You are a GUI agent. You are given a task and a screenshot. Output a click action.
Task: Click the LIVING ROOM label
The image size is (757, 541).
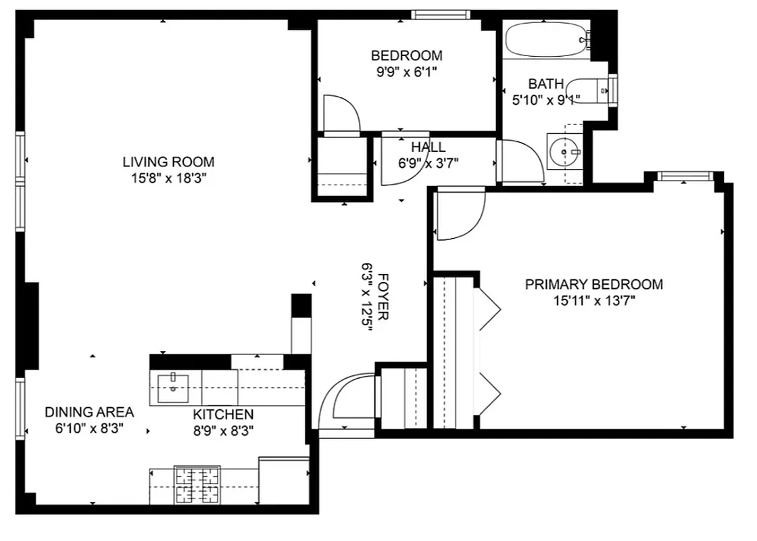coord(168,162)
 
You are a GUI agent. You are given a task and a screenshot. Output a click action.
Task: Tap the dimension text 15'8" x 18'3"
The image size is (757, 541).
coord(168,179)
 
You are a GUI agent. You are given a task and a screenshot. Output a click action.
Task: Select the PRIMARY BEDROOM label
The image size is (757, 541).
coord(593,285)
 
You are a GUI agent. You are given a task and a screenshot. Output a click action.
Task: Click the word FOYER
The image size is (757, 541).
coord(383,296)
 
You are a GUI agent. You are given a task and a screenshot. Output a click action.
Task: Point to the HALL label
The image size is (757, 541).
coord(429,147)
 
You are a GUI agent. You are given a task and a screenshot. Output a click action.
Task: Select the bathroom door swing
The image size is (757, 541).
coord(520,161)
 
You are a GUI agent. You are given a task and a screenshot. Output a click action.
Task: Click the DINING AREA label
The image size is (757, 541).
coord(89,413)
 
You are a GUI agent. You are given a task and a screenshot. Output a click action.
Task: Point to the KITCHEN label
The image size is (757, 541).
coord(223,415)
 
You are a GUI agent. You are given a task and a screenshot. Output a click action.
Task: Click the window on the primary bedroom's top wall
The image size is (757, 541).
coord(685,177)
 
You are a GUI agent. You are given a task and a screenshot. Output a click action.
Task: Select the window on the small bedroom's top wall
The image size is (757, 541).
coord(441,14)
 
